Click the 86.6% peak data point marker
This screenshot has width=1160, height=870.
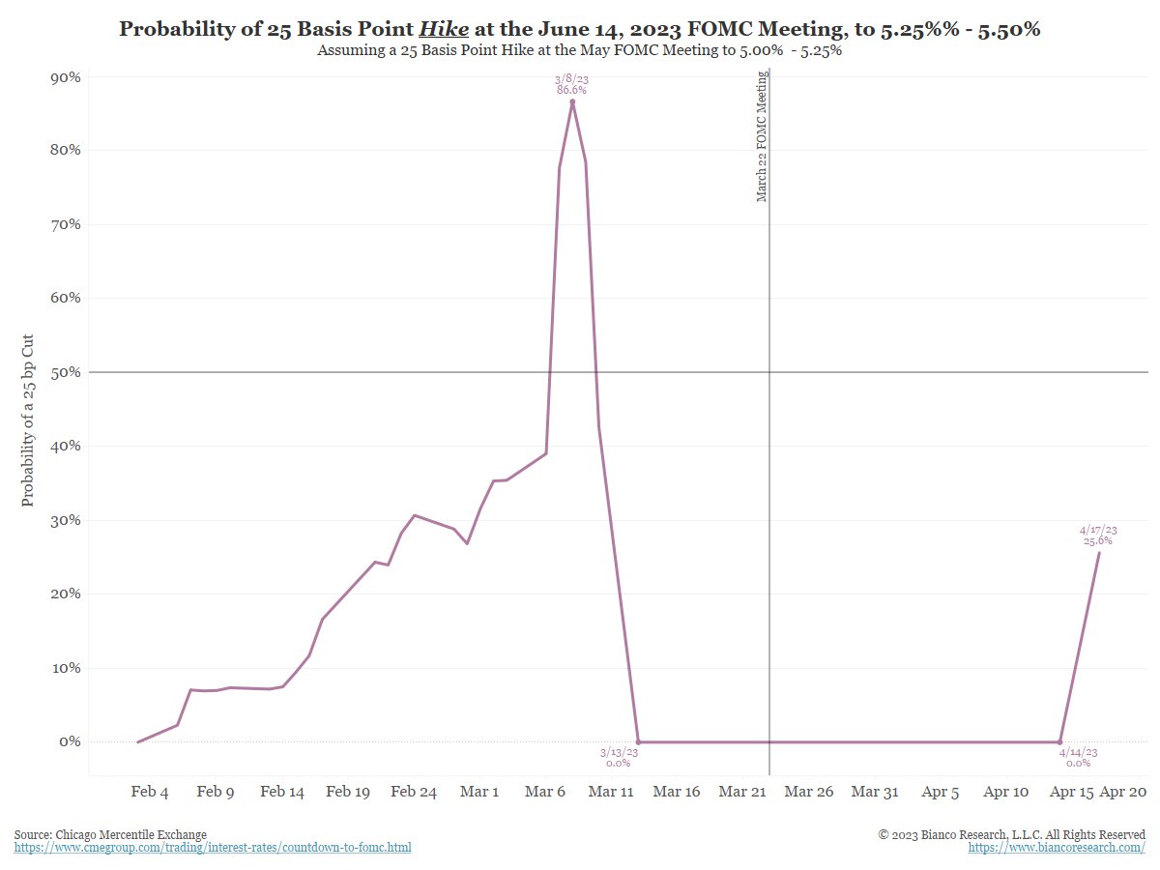click(572, 101)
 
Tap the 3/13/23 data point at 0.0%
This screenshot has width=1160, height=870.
click(638, 741)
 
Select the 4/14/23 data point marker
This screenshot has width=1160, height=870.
click(1059, 741)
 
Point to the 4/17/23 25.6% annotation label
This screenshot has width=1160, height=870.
click(1097, 536)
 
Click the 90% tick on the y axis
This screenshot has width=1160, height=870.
click(65, 77)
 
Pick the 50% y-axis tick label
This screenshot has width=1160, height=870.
click(65, 372)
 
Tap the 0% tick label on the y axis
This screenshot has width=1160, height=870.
click(69, 741)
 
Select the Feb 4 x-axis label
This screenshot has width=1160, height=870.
click(150, 792)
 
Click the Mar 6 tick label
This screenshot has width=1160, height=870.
click(545, 792)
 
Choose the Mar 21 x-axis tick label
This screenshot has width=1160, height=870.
click(742, 792)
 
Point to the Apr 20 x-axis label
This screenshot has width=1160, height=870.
click(1123, 792)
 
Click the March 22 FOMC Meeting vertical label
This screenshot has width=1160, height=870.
click(762, 136)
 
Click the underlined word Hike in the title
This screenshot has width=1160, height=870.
click(444, 29)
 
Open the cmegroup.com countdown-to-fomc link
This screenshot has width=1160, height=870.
click(213, 848)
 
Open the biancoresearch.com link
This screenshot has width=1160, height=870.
click(1057, 848)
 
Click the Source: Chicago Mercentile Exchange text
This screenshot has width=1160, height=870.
click(110, 834)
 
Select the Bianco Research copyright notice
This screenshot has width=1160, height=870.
click(1011, 834)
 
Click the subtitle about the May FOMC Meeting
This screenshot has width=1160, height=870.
click(579, 51)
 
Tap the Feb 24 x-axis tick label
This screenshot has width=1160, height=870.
click(414, 792)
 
